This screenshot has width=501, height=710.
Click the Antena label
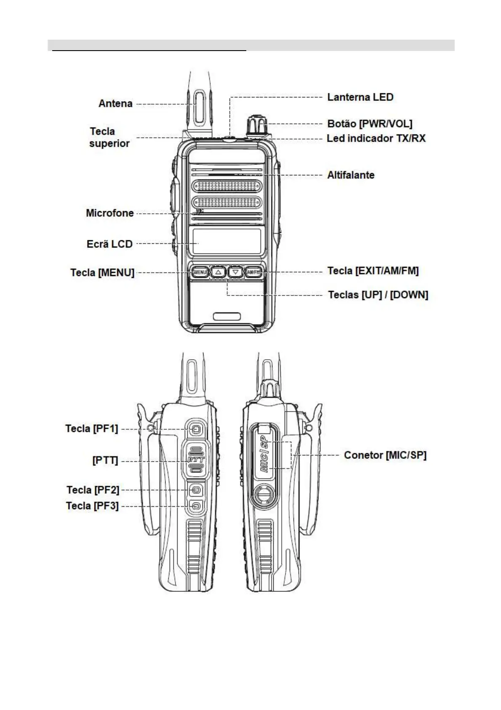115,104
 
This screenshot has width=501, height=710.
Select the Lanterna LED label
360,97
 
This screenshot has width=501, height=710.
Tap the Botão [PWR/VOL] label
370,124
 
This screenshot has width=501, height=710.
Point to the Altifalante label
351,175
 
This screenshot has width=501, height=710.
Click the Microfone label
110,213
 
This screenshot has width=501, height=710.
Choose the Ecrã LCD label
109,244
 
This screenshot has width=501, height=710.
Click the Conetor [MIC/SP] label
385,455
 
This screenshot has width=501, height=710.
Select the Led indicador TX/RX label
376,138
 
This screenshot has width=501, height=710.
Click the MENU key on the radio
200,272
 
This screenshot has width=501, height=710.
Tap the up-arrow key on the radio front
218,272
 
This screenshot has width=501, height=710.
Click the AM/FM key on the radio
254,272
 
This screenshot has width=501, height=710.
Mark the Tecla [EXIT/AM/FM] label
373,271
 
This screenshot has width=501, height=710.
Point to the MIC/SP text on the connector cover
264,456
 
